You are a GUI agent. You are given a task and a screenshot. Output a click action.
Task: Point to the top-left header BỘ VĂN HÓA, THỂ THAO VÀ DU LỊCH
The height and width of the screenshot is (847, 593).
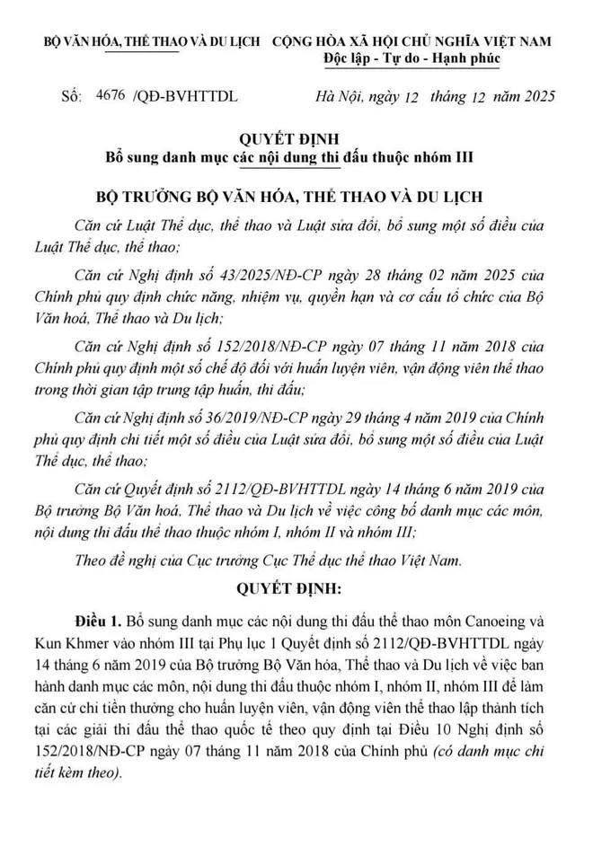[154, 41]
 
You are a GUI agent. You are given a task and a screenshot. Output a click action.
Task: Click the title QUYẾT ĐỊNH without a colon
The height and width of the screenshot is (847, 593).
[296, 139]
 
